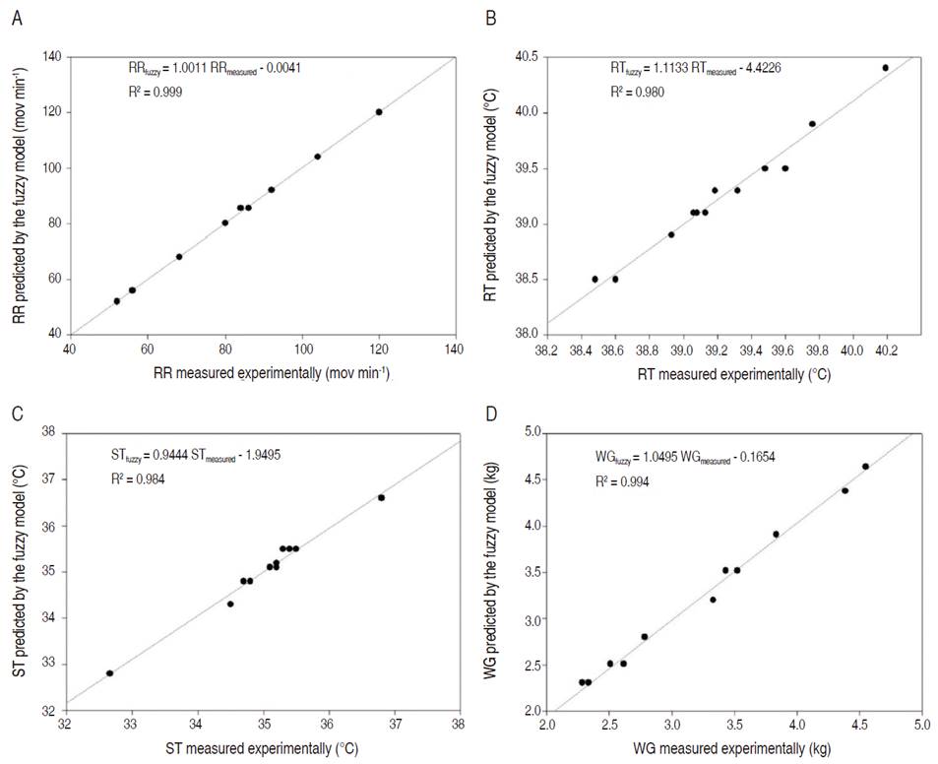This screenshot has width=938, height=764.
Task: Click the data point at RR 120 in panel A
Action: pos(379,112)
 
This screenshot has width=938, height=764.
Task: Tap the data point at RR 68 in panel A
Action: pos(179,257)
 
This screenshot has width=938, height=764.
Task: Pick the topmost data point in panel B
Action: pos(885,68)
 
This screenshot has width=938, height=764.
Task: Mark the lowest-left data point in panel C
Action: pos(109,673)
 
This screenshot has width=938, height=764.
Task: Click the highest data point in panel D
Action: pos(865,467)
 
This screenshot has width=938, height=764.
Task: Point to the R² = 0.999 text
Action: pos(156,92)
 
